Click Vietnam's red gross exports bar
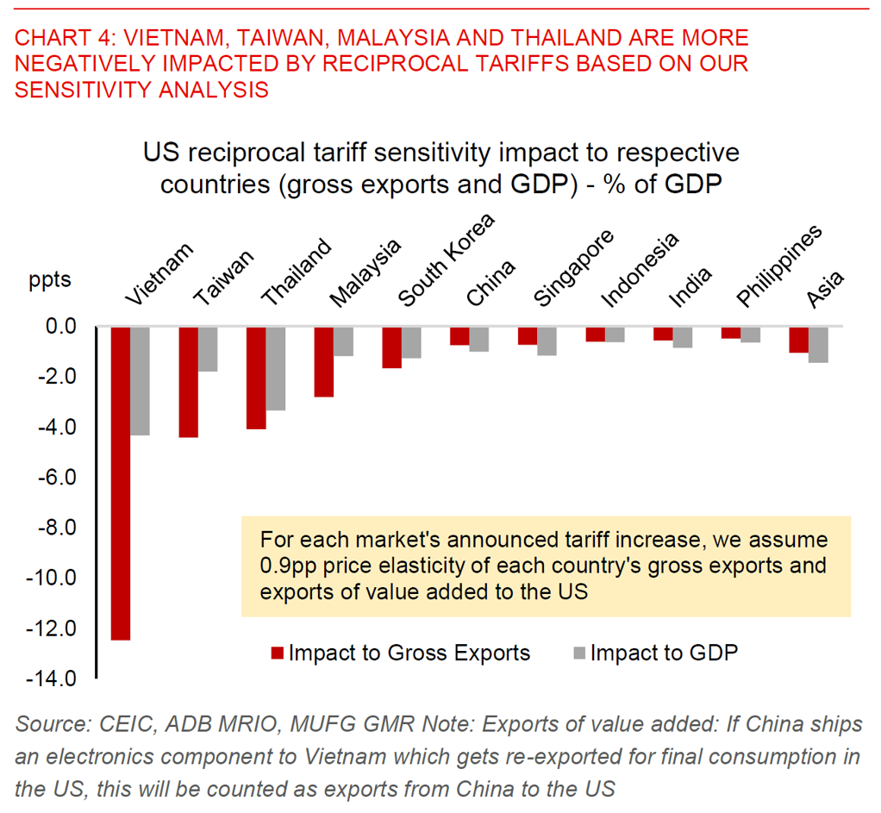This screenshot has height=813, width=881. click(120, 483)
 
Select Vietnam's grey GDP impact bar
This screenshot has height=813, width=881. click(140, 380)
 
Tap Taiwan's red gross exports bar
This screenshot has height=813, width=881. click(188, 382)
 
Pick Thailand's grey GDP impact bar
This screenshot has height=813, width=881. click(275, 368)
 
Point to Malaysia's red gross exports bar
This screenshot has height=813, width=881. click(323, 361)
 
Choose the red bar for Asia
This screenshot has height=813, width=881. click(797, 340)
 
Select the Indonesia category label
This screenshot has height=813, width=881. click(639, 269)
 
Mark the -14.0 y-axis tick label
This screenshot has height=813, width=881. click(56, 679)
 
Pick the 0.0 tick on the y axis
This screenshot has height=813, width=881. click(59, 327)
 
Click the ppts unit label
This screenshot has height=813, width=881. click(50, 280)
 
